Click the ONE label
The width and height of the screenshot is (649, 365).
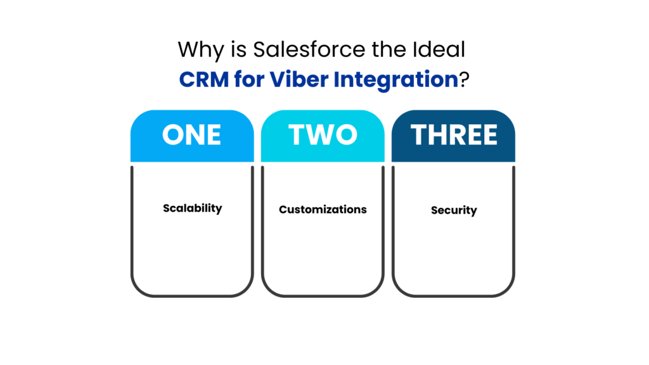pos(191,135)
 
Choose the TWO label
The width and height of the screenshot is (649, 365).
pos(323,135)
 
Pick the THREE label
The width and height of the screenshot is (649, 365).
pos(454,135)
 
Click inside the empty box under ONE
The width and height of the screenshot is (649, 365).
pos(192,228)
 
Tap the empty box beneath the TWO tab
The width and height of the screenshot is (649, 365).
pos(323,228)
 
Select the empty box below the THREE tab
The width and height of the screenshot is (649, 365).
pos(454,228)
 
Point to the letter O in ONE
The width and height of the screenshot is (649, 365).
pos(172,135)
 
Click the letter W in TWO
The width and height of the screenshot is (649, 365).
pos(323,135)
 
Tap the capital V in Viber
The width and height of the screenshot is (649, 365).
pos(277,80)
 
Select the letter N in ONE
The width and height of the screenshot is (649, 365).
pos(193,135)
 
